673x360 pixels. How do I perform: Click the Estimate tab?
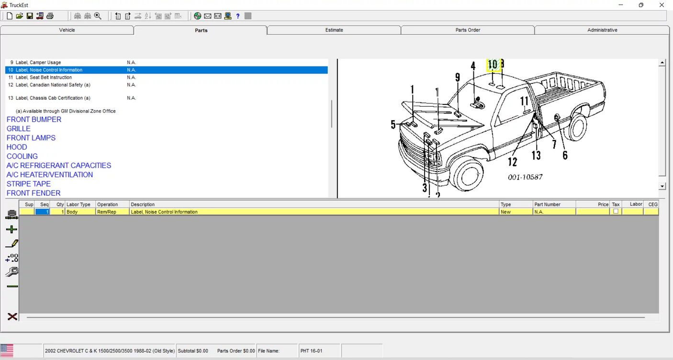[x=334, y=30]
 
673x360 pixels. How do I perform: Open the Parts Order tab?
[x=467, y=30]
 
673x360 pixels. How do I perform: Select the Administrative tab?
[x=602, y=30]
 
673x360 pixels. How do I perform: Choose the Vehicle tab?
[x=67, y=30]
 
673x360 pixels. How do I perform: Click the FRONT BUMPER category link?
[x=34, y=120]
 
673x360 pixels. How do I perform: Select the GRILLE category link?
[x=19, y=129]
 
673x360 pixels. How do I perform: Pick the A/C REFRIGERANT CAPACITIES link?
[x=59, y=166]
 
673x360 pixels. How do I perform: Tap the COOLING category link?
[x=22, y=157]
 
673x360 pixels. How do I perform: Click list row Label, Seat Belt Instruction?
[x=44, y=78]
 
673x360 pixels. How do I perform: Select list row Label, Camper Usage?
[x=38, y=63]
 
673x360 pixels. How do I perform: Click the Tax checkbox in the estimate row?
[x=616, y=212]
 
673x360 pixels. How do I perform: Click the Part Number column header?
[x=547, y=204]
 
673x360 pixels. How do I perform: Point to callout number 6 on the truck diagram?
[x=565, y=155]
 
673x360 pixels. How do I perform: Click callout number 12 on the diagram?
[x=513, y=162]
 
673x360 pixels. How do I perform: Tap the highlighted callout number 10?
[x=493, y=65]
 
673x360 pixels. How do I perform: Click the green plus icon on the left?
[x=12, y=230]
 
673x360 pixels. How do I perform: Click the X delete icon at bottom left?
[x=12, y=316]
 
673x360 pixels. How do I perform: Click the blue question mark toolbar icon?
[x=238, y=16]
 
